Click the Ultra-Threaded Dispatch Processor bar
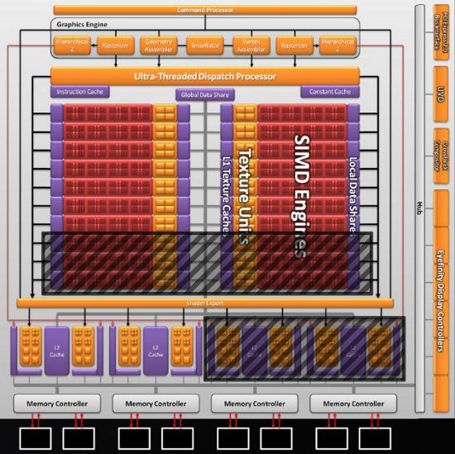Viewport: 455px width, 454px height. pyautogui.click(x=216, y=76)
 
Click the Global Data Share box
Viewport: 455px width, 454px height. pyautogui.click(x=205, y=95)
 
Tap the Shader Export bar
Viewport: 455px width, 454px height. pyautogui.click(x=206, y=303)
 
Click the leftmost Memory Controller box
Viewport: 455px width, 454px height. pyautogui.click(x=56, y=404)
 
